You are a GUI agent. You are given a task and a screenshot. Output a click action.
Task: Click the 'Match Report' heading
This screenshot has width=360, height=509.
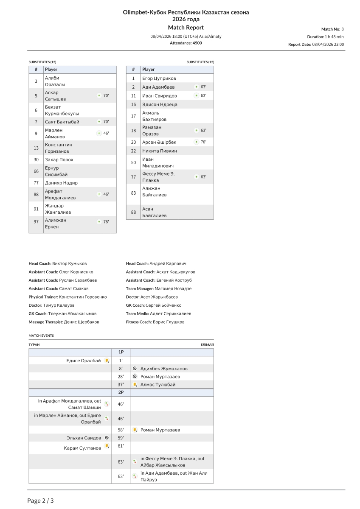click(x=186, y=28)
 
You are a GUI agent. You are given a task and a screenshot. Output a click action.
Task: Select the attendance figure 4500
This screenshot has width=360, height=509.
click(x=197, y=43)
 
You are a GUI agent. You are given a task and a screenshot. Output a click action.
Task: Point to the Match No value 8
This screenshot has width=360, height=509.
click(x=342, y=29)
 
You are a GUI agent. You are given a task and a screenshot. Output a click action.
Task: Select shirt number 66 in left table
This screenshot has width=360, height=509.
click(x=36, y=171)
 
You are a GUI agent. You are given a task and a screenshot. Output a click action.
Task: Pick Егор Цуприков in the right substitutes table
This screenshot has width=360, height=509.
click(x=159, y=78)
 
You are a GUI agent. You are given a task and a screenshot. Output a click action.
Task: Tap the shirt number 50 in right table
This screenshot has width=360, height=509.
click(x=133, y=162)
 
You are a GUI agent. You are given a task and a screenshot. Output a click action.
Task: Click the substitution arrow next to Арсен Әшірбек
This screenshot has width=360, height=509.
click(x=196, y=142)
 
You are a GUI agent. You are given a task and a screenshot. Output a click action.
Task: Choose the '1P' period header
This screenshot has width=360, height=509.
click(x=121, y=352)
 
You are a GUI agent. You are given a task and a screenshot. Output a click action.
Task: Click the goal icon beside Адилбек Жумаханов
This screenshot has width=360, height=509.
click(x=135, y=369)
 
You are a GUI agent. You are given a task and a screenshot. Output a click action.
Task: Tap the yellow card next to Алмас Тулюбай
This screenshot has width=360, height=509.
click(x=135, y=385)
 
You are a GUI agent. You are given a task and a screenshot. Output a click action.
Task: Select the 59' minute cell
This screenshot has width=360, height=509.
click(x=121, y=438)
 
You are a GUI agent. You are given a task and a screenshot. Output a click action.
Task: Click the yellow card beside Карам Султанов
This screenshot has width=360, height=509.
click(x=107, y=446)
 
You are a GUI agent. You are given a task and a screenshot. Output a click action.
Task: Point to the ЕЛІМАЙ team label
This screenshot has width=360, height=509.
click(x=207, y=345)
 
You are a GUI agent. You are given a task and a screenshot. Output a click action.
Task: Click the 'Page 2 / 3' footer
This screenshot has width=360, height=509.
click(x=41, y=501)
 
